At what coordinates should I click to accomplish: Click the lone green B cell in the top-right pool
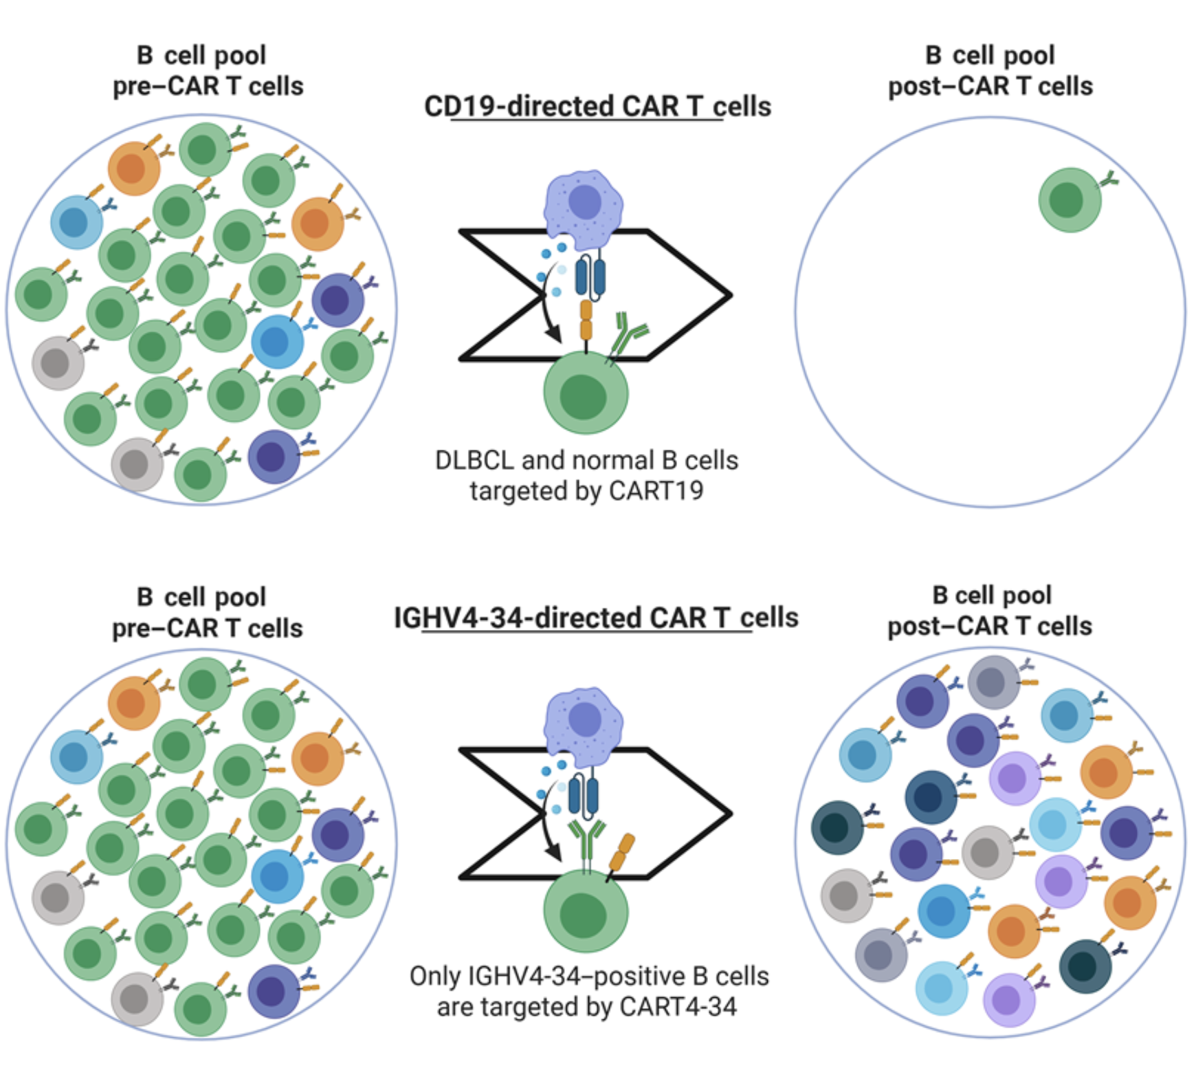click(1068, 200)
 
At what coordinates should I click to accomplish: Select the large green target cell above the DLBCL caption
click(585, 393)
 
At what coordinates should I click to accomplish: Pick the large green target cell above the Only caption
click(585, 911)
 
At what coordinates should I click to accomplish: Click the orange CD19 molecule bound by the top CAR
click(586, 320)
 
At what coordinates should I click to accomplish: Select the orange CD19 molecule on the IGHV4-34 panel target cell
click(621, 853)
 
